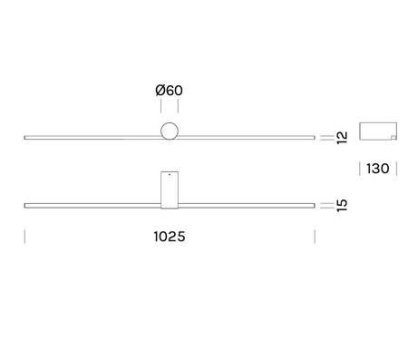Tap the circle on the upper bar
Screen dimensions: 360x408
pos(170,131)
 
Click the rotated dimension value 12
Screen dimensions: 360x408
pos(342,138)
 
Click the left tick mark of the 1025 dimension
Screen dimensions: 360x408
pos(24,237)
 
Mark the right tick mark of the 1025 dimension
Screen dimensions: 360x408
pos(315,237)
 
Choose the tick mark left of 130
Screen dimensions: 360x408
pos(361,170)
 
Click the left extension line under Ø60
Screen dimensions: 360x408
pos(160,108)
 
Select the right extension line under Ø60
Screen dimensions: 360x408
pos(179,108)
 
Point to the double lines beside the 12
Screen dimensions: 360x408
pos(326,137)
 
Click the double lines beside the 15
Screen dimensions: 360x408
pos(326,206)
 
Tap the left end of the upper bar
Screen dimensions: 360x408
pos(25,137)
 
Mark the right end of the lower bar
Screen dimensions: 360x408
pos(314,206)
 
